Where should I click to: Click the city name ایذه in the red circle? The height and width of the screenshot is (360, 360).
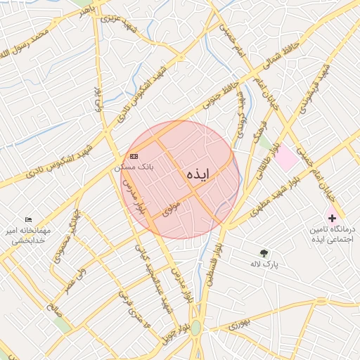tap(202, 177)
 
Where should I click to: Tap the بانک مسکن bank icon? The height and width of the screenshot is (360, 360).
tap(134, 156)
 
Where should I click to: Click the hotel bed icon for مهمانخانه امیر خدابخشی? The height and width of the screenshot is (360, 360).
tap(28, 220)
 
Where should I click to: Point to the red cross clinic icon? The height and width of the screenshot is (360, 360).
tap(332, 219)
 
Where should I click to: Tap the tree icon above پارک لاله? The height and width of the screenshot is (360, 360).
tap(264, 252)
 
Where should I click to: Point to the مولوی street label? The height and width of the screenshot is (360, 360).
tap(171, 209)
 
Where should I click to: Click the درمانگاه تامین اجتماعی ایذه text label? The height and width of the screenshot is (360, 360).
tap(332, 235)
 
